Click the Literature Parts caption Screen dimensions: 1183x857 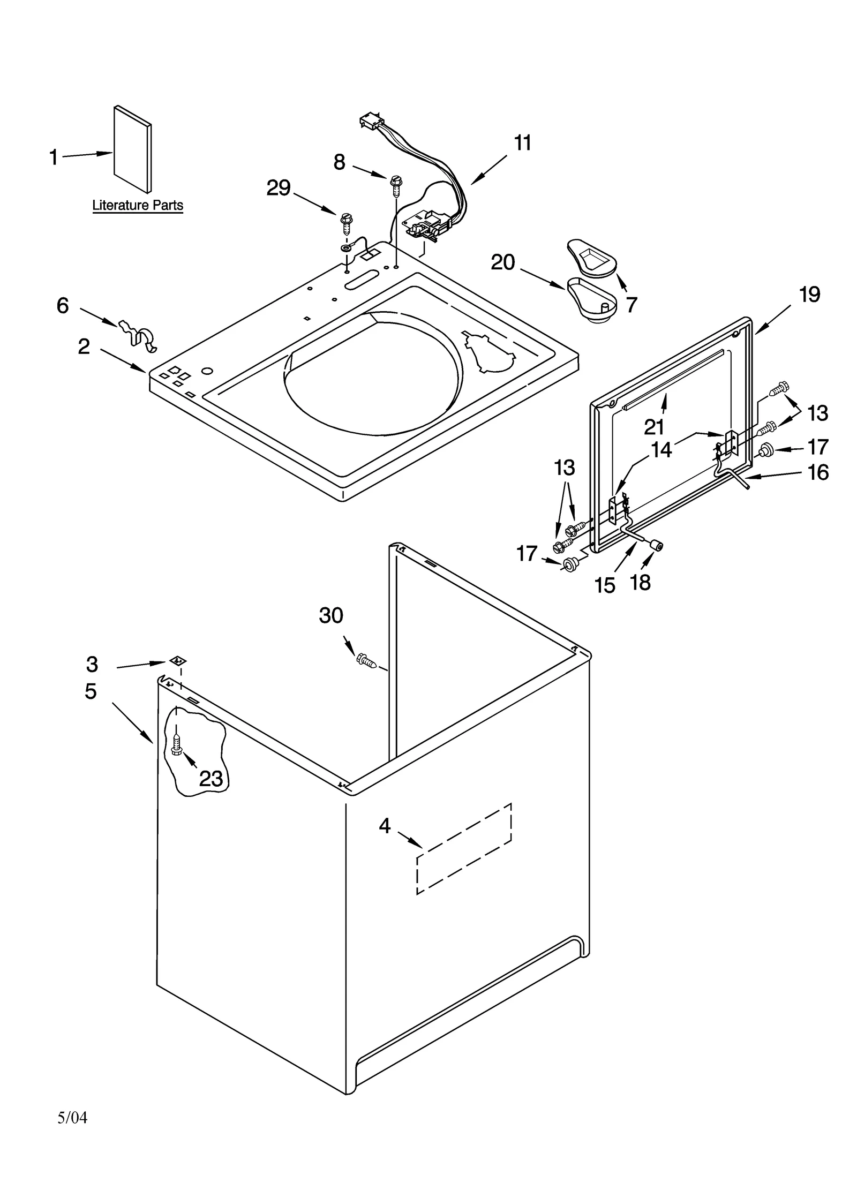[138, 205]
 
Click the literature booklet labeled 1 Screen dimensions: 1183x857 [132, 148]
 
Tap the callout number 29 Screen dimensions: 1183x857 [279, 188]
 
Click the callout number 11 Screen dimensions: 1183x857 [522, 144]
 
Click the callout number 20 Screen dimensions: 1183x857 [502, 262]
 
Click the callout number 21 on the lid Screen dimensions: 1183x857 [653, 427]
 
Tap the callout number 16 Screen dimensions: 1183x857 [818, 472]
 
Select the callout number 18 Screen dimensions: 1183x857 [640, 582]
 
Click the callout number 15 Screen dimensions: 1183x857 [605, 585]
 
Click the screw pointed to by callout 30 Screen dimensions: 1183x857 [366, 660]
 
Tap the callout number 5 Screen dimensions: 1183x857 [91, 691]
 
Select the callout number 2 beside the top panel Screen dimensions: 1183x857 [84, 347]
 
